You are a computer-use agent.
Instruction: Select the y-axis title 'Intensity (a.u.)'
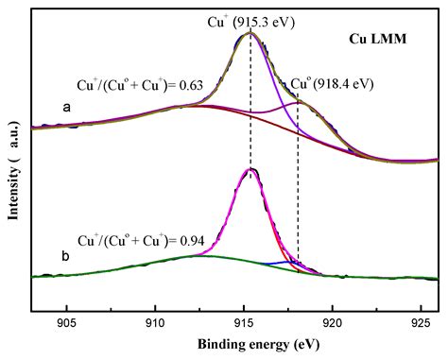click(x=13, y=166)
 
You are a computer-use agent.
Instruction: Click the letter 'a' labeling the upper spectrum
click(x=66, y=108)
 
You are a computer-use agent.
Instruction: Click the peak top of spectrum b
click(x=250, y=170)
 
